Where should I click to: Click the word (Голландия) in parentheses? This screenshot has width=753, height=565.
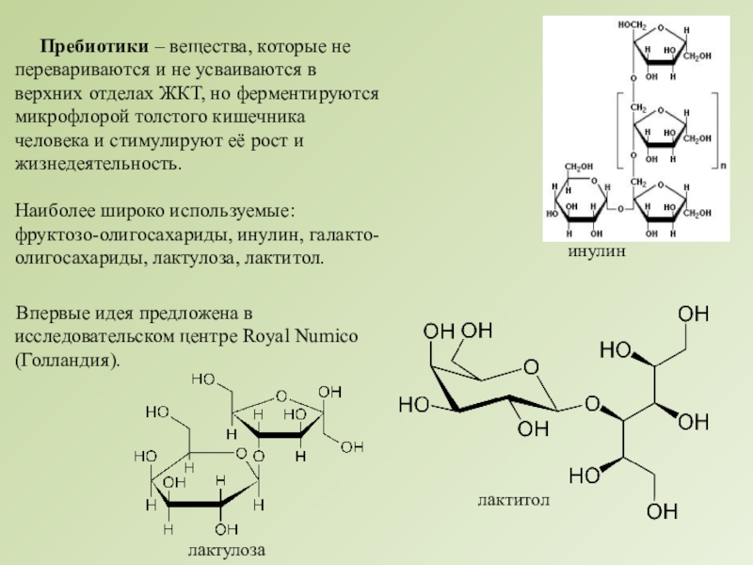coord(68,362)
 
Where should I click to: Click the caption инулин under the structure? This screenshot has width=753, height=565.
coord(597,253)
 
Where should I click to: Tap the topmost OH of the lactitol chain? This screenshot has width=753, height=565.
coord(695,313)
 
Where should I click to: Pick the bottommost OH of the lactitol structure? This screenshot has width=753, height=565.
coord(662,511)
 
